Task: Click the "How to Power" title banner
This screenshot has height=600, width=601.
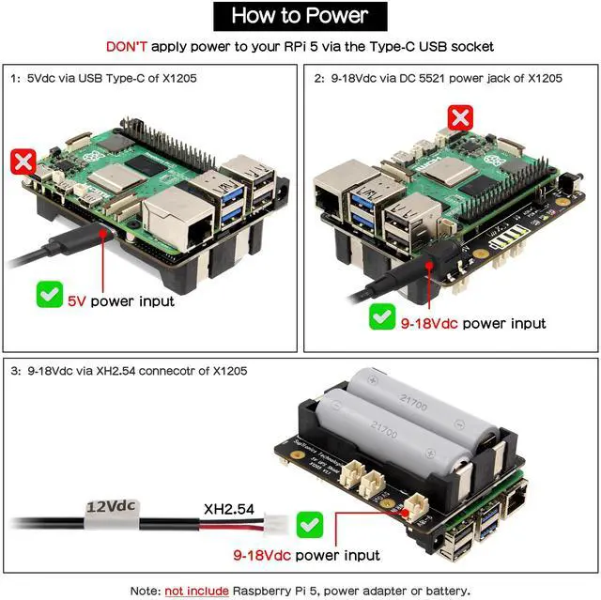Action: pos(300,15)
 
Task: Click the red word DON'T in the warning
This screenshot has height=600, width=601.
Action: pos(126,45)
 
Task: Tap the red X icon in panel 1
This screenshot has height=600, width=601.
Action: pos(23,161)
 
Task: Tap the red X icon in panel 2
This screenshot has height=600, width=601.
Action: pos(460,117)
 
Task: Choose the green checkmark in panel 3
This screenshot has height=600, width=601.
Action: pos(309,523)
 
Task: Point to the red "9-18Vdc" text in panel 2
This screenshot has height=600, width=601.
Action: pos(429,323)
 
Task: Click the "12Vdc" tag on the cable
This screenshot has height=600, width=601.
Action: pos(112,508)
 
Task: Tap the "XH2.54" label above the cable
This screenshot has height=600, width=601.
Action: pos(227,508)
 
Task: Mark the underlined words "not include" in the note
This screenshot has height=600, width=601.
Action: pos(196,590)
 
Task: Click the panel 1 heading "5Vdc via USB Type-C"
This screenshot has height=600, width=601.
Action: pos(116,78)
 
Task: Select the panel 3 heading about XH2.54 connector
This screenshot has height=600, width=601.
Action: pos(131,370)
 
